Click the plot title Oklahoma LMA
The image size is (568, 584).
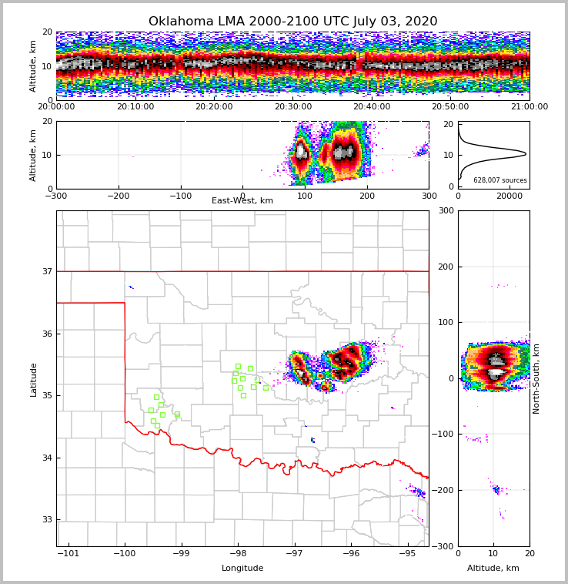point(292,22)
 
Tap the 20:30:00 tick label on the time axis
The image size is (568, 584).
point(293,107)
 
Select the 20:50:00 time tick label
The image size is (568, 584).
point(450,107)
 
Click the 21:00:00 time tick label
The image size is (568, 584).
point(530,107)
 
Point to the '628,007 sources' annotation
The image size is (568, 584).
point(500,180)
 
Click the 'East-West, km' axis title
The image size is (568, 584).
point(242,201)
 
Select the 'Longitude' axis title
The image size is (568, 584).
point(242,569)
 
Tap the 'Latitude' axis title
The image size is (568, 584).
point(34,379)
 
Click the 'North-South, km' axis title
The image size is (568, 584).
point(536,378)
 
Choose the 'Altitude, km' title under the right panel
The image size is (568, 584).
point(493,569)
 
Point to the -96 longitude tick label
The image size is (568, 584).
point(351,554)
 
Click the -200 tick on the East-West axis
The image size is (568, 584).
point(119,196)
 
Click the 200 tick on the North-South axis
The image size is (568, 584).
point(444,267)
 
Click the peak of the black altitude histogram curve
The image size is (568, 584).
point(526,154)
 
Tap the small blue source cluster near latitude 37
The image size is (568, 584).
point(131,287)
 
